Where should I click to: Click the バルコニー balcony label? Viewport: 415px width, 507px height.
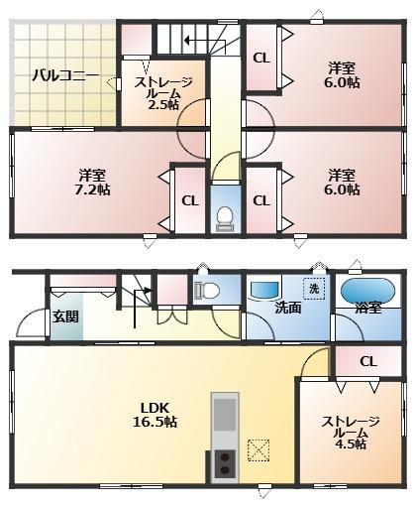click(63, 74)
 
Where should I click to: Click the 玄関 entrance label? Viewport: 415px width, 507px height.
click(65, 317)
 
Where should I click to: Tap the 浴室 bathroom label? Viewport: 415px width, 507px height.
click(368, 309)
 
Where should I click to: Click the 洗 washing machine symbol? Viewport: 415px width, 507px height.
click(313, 289)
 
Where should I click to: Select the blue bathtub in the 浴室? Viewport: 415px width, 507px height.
click(368, 290)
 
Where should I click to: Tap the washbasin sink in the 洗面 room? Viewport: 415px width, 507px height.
click(265, 289)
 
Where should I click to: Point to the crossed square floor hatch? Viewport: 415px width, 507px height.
click(260, 451)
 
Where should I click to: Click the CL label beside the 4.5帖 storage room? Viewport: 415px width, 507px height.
click(367, 362)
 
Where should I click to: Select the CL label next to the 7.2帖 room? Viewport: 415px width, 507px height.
click(189, 200)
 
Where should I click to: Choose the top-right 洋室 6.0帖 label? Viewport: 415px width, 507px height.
click(343, 75)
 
